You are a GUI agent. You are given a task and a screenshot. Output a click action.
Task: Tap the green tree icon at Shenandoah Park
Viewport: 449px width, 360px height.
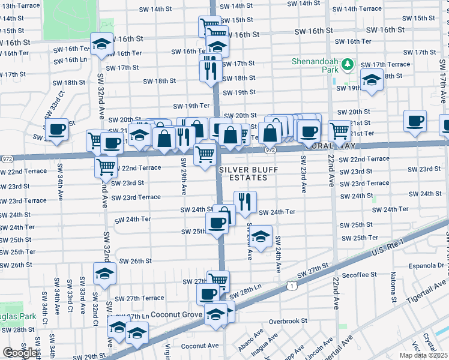coord(347,64)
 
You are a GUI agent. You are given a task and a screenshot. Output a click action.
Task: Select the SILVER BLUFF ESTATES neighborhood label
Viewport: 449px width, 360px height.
coord(251,173)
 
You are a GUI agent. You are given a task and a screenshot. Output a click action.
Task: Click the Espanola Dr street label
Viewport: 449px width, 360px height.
coord(428,265)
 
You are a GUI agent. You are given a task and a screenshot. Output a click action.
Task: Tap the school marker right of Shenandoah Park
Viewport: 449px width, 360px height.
coord(372,79)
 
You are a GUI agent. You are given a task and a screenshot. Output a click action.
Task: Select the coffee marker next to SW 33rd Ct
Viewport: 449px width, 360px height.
coord(57,129)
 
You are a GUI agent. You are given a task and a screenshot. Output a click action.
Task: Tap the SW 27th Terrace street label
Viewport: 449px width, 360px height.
coord(139,298)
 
